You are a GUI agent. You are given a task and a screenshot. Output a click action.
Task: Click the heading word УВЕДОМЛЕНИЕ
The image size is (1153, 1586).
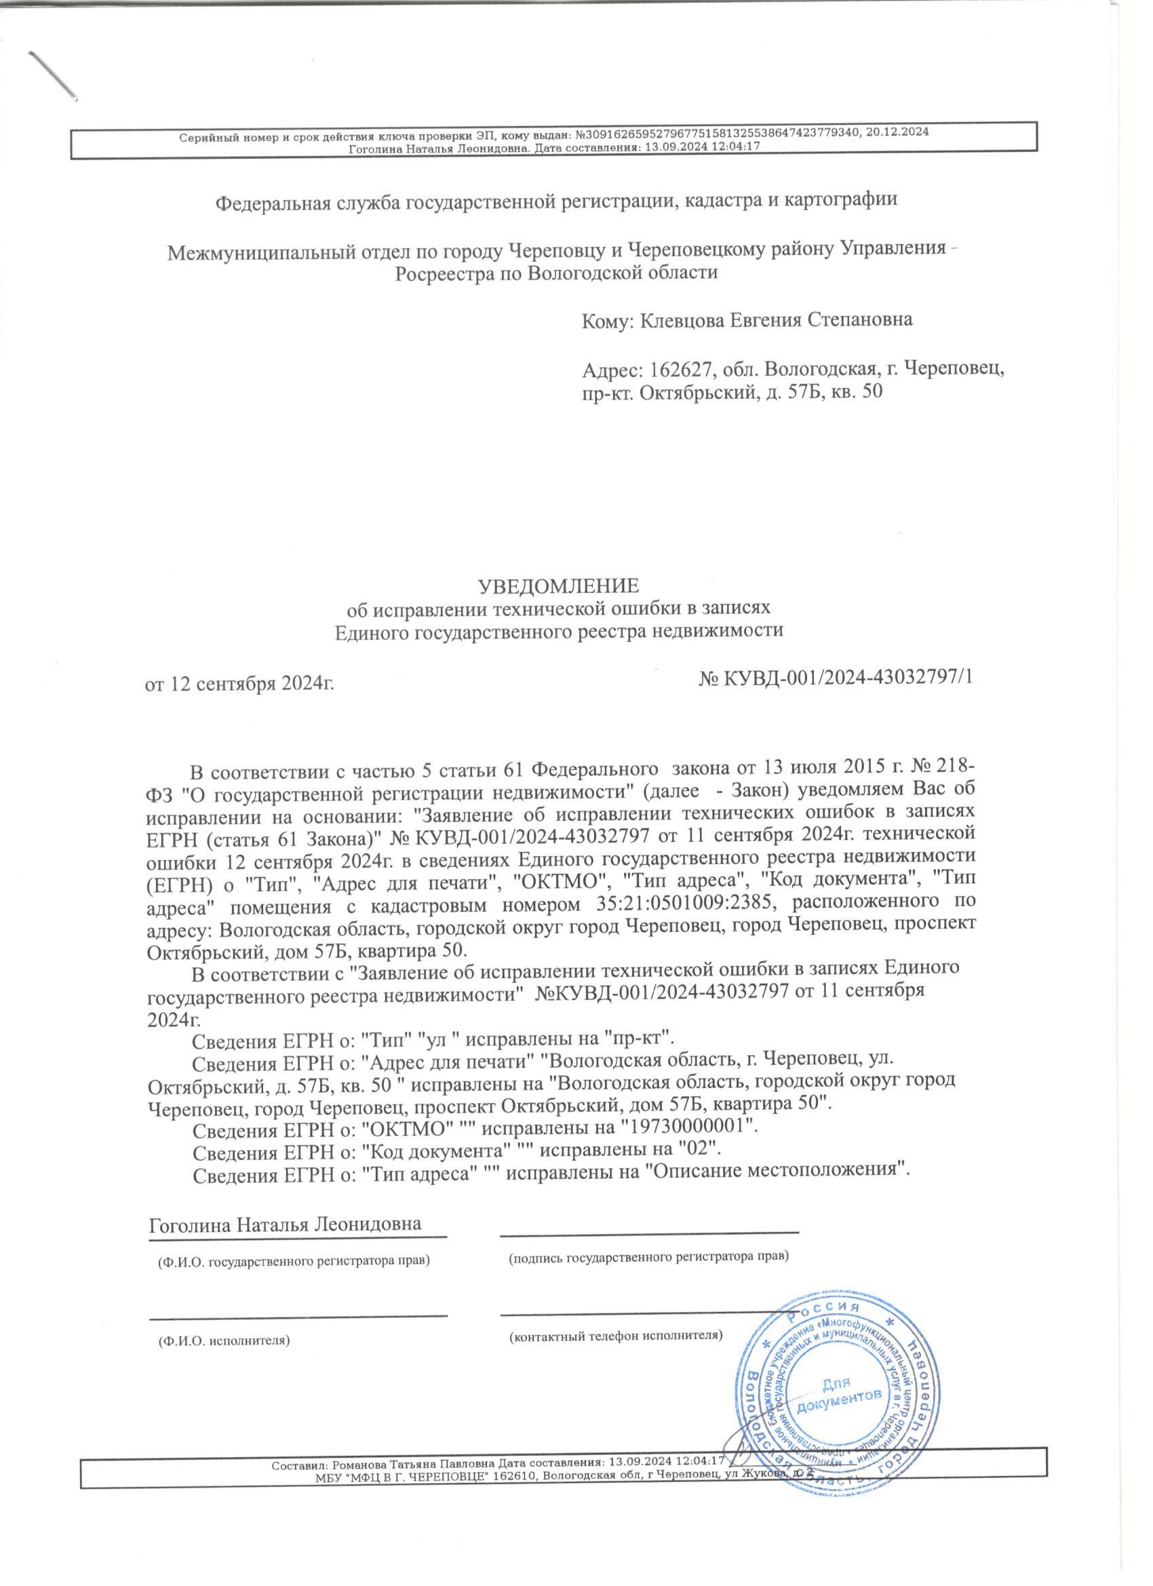coord(558,585)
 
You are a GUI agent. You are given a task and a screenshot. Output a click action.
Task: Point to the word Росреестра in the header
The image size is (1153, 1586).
coord(442,273)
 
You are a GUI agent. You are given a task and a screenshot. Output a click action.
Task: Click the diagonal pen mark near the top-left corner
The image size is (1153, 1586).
coord(52,73)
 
